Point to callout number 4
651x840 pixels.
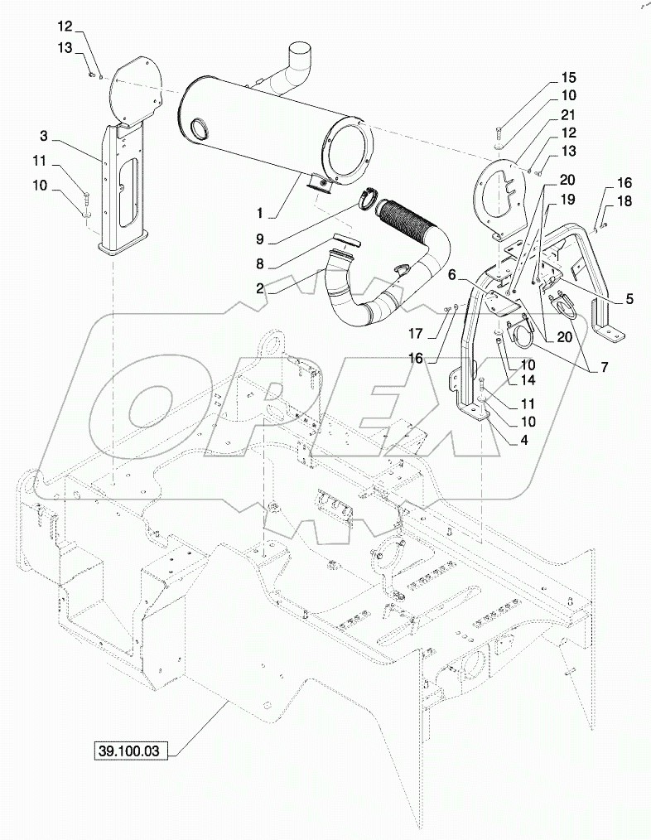[629, 299]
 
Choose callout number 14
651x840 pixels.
[567, 199]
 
